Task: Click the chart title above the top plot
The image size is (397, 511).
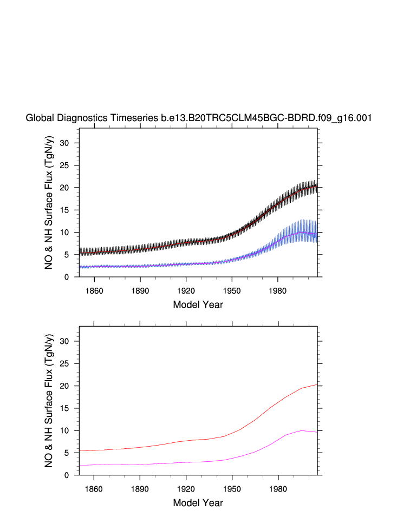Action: click(x=198, y=118)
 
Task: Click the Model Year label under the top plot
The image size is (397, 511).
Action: click(x=198, y=304)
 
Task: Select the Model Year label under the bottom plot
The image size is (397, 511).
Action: click(x=198, y=503)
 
